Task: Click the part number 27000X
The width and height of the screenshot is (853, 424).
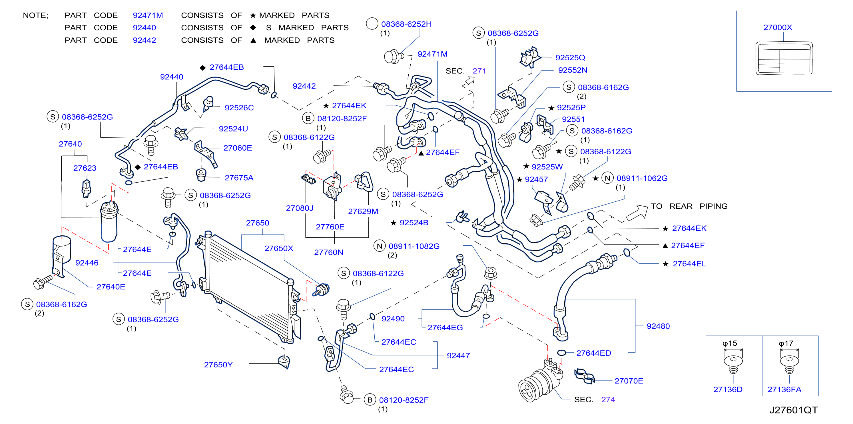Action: click(x=778, y=27)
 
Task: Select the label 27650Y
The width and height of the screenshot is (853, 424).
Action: click(x=218, y=365)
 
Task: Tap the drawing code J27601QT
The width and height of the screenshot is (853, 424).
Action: click(x=793, y=410)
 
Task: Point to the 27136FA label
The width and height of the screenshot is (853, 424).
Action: click(x=784, y=389)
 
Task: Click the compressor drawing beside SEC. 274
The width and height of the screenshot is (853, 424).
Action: click(x=540, y=381)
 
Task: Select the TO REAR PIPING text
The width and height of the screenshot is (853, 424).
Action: click(x=689, y=206)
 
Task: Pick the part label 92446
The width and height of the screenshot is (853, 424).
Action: click(x=87, y=263)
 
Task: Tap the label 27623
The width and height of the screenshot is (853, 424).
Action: click(x=85, y=168)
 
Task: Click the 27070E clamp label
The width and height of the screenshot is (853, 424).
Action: click(x=629, y=381)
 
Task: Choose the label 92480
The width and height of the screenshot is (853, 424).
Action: click(x=658, y=326)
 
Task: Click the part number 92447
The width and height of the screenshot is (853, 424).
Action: click(x=458, y=356)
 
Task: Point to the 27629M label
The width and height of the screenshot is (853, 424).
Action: click(x=363, y=211)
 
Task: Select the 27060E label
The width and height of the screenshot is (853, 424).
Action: click(x=237, y=148)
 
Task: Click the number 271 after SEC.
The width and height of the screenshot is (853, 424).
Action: click(x=479, y=71)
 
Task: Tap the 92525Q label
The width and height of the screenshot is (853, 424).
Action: click(x=570, y=58)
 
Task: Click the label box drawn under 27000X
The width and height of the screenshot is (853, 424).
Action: click(x=784, y=58)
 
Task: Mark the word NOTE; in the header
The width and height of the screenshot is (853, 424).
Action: click(x=35, y=15)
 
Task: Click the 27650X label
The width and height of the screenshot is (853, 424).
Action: click(x=279, y=249)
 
